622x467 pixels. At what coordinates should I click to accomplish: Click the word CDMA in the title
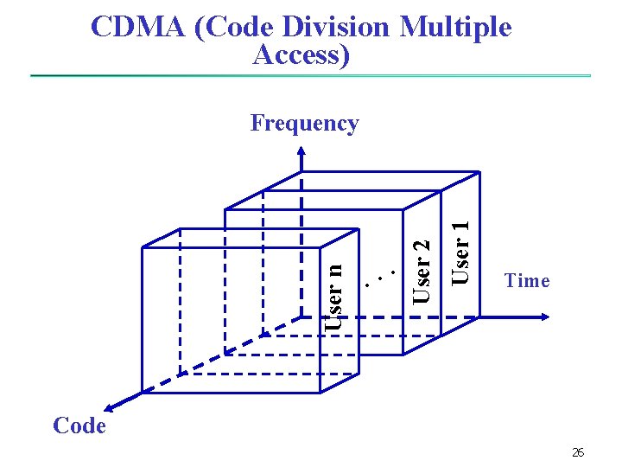(137, 28)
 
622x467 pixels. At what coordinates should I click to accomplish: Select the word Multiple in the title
(455, 28)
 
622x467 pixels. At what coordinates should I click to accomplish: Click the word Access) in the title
(301, 54)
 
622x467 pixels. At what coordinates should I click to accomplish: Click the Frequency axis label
(304, 124)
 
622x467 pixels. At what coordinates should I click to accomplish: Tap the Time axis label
(527, 280)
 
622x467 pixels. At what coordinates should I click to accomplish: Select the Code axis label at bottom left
(79, 425)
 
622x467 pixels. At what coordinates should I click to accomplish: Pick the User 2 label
(421, 271)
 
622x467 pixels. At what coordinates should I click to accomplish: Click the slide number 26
(578, 452)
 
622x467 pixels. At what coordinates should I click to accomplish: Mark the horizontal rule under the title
(311, 76)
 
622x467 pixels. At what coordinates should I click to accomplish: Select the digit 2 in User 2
(421, 245)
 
